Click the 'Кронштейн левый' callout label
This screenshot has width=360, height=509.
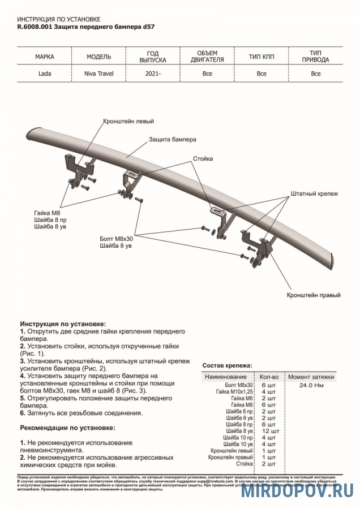(128, 122)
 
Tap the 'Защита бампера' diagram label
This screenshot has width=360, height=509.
(173, 139)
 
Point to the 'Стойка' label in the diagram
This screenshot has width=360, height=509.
(203, 158)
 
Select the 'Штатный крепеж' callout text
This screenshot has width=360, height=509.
(314, 193)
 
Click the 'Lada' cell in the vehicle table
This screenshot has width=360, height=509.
(45, 74)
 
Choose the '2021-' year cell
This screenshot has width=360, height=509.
(152, 74)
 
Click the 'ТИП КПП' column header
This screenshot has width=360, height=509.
(262, 57)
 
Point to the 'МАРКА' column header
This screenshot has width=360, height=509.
(45, 57)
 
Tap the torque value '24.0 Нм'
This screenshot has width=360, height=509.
(310, 385)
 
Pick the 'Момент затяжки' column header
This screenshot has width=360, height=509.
(311, 377)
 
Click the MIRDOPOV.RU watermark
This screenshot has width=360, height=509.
(298, 491)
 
